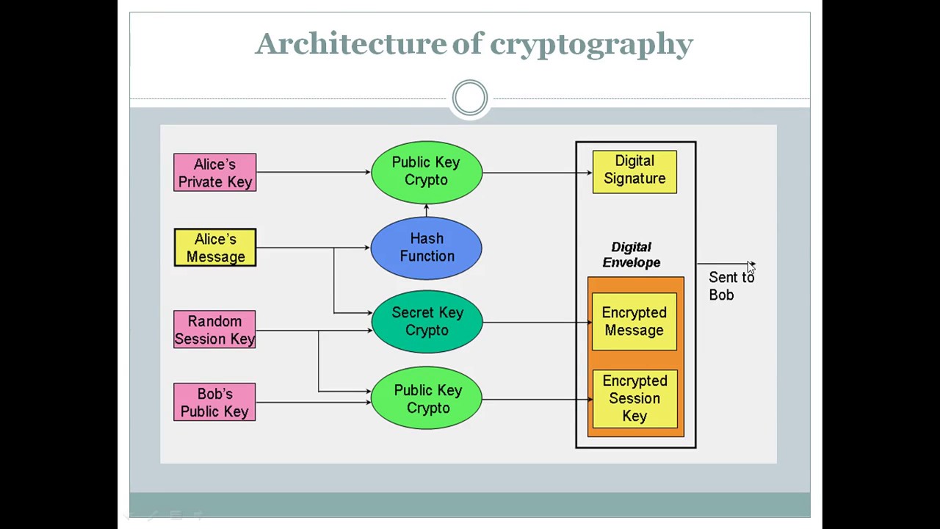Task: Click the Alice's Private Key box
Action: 214,173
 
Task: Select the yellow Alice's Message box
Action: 214,248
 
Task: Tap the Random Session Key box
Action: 214,330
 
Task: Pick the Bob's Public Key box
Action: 214,402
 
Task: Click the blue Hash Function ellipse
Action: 427,248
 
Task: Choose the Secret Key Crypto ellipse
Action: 427,322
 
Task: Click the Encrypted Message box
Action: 634,322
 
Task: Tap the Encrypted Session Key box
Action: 634,398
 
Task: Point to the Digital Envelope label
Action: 632,255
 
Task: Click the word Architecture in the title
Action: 350,44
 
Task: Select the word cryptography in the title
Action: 591,44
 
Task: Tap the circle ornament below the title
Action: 470,98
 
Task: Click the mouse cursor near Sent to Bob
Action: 751,267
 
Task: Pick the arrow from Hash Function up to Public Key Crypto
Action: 426,210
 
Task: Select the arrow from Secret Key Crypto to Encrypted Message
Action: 537,322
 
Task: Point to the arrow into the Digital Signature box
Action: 537,173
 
